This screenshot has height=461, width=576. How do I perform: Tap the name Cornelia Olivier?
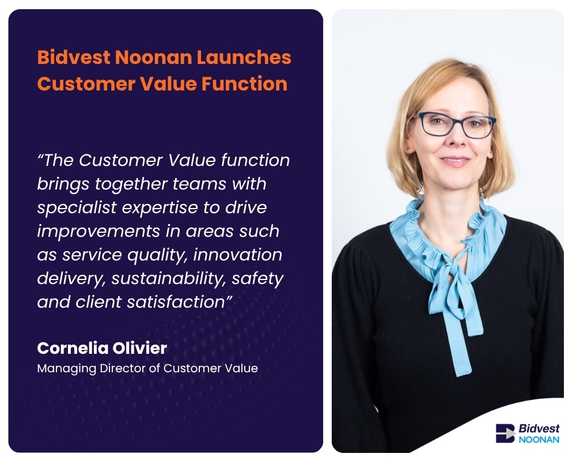point(102,348)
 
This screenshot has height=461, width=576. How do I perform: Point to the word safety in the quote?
point(259,278)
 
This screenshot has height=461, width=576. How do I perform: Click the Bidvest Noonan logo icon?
point(505,433)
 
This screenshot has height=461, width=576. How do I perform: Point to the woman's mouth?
point(455,162)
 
